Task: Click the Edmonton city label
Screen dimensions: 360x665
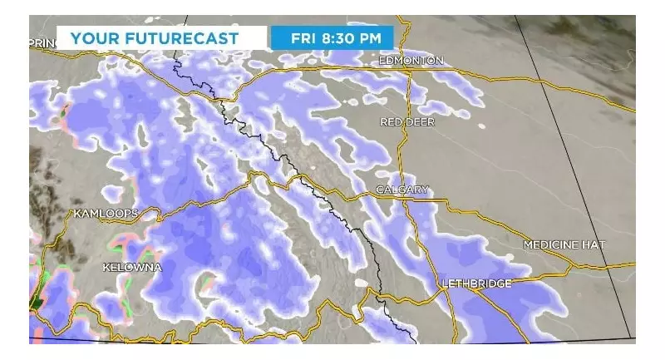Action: [411, 61]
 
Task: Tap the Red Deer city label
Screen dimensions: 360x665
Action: [407, 122]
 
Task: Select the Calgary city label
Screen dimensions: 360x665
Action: [402, 190]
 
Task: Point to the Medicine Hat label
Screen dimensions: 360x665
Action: [564, 244]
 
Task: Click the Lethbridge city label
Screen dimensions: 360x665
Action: [476, 284]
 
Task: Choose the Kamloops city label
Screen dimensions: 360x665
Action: [104, 214]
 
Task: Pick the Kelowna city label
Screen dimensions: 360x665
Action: [131, 267]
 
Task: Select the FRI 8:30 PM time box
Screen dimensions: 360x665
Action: [331, 37]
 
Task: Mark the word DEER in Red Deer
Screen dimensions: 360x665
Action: [420, 122]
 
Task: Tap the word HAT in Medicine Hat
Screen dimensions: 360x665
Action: [594, 244]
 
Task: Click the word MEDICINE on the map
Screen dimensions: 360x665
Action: [550, 244]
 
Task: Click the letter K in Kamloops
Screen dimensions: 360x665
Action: [77, 214]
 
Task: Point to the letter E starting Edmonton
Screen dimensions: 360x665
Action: [382, 61]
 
